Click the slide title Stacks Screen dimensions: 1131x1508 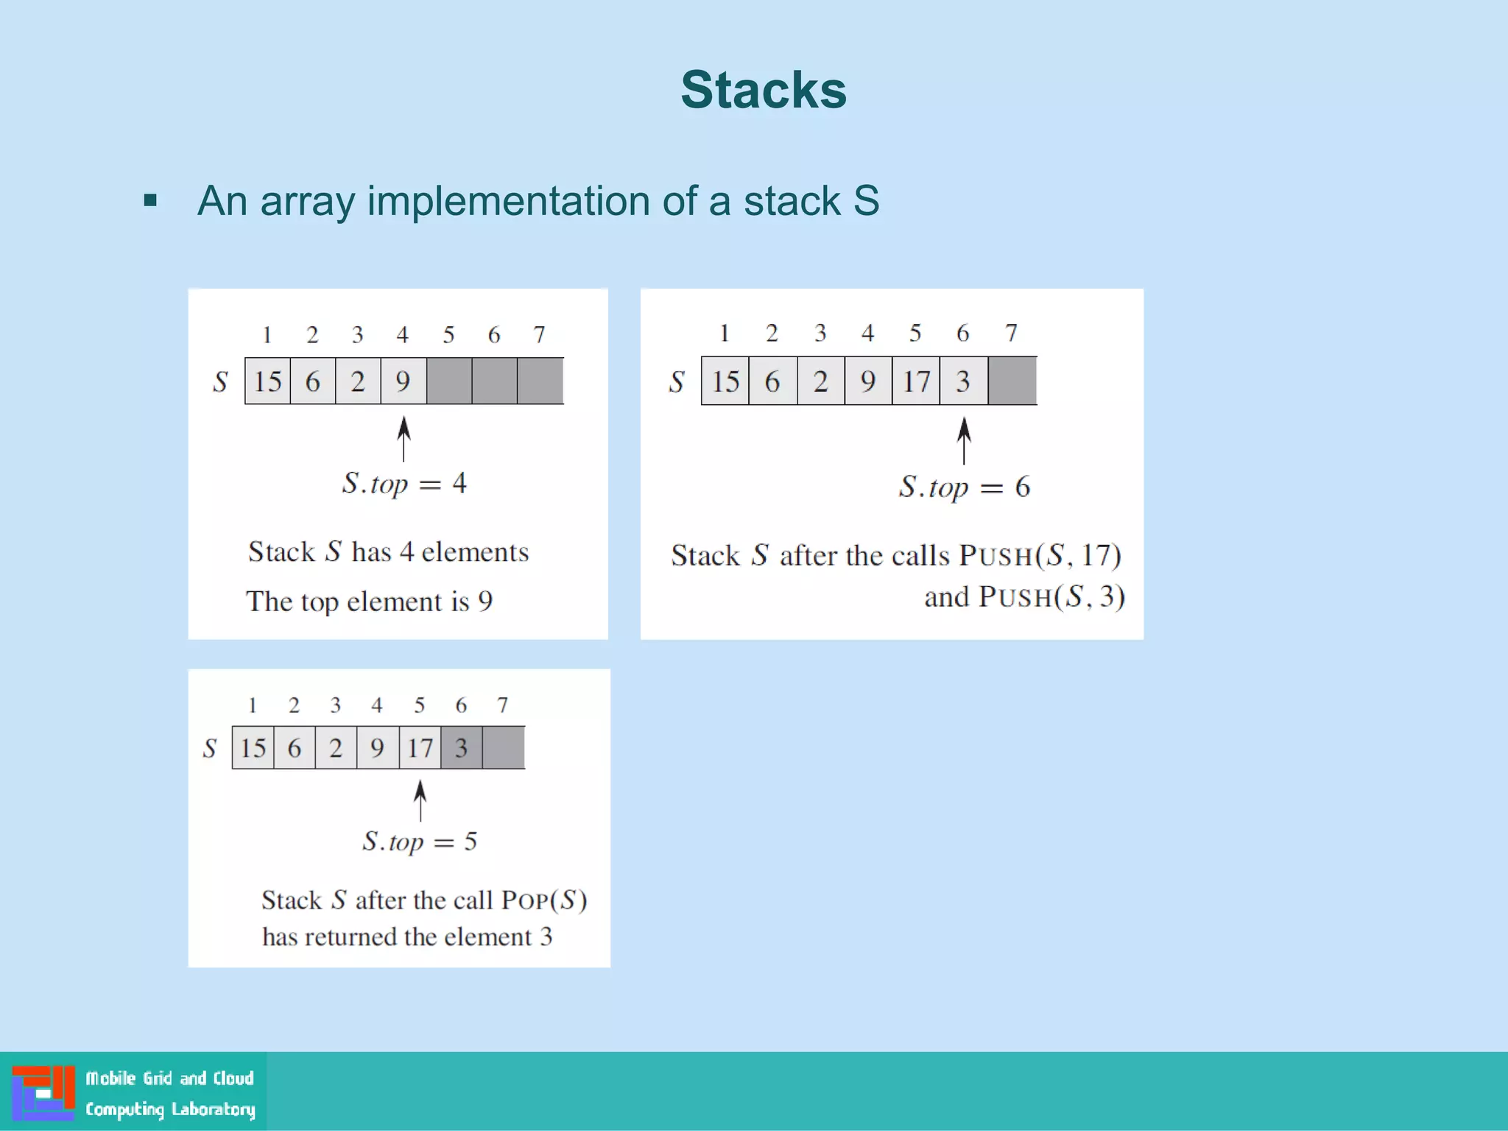[764, 90]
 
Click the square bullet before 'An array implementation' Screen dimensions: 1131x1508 [150, 200]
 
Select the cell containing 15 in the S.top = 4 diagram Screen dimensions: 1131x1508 [267, 381]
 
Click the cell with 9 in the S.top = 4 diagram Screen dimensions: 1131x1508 [403, 381]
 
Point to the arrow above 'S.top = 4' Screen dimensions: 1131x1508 [404, 439]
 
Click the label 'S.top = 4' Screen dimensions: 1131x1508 [404, 484]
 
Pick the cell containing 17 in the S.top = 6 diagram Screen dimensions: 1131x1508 [916, 381]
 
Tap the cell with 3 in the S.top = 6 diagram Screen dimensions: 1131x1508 [963, 381]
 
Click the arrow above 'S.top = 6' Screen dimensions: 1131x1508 [964, 440]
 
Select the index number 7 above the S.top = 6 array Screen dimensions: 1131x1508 [1011, 333]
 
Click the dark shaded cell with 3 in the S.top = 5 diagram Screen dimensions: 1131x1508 [462, 748]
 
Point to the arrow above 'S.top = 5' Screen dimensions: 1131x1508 [420, 801]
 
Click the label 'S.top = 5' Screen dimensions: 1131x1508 [420, 842]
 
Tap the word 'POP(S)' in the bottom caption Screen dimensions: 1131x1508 [543, 901]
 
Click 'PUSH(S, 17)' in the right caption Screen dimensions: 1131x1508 [1040, 555]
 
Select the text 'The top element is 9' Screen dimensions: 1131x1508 [370, 602]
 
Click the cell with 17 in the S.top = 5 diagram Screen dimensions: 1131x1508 [420, 748]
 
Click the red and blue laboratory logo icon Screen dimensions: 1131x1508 [43, 1092]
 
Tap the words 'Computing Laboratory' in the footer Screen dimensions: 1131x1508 [170, 1109]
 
